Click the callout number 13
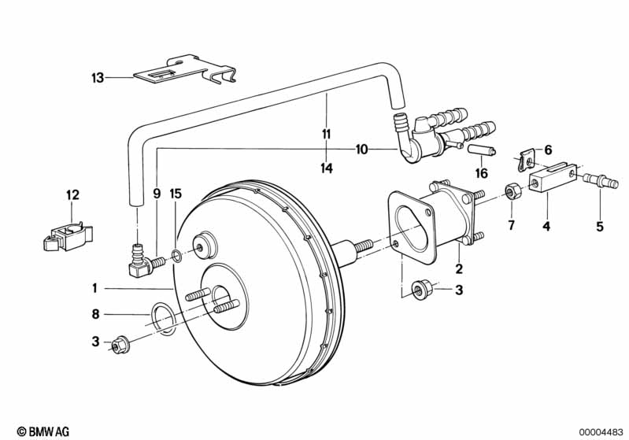(98, 77)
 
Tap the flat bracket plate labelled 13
(184, 71)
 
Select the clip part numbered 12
(68, 237)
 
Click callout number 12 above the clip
(73, 195)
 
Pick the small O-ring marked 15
(176, 256)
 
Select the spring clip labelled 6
(526, 160)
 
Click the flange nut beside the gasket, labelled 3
(422, 290)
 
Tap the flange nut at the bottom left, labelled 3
(119, 346)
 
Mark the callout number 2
(459, 268)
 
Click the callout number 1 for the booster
(94, 288)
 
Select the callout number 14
(327, 168)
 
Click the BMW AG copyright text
(43, 431)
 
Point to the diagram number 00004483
(601, 432)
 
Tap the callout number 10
(361, 150)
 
